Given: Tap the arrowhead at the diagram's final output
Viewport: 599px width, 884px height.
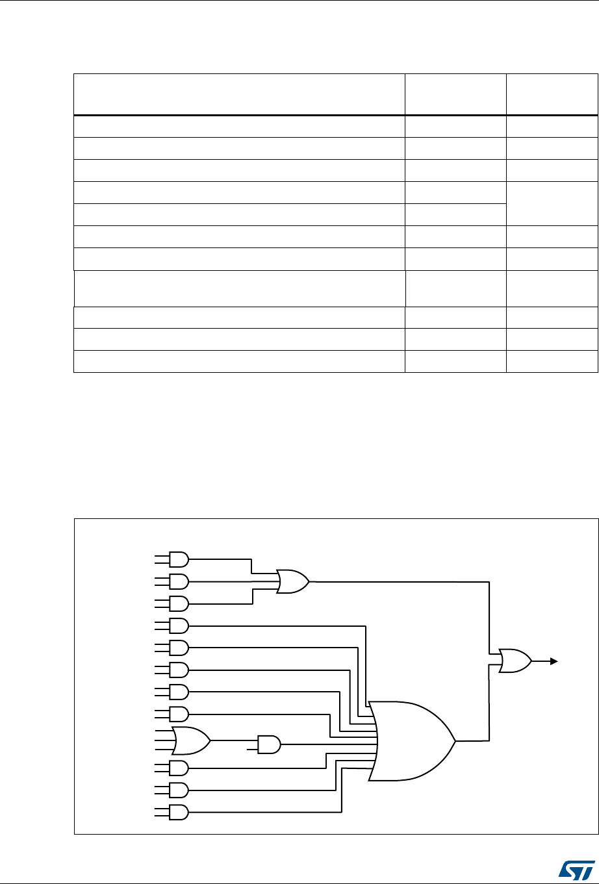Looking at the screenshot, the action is tap(554, 661).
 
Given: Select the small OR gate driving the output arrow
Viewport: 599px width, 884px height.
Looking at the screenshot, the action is tap(515, 661).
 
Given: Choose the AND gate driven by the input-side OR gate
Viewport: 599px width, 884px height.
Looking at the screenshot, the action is tap(268, 744).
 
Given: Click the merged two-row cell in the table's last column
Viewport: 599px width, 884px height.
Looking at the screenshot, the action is tap(551, 203).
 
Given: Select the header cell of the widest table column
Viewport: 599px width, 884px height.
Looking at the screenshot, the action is tap(239, 95).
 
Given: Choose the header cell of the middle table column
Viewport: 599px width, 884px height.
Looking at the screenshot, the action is tap(455, 95).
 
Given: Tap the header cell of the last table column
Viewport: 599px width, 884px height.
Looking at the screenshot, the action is tap(551, 95).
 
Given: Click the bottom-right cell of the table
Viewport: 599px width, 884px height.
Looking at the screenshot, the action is tap(551, 362).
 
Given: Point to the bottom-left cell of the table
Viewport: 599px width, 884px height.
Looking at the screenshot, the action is tap(239, 362).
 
